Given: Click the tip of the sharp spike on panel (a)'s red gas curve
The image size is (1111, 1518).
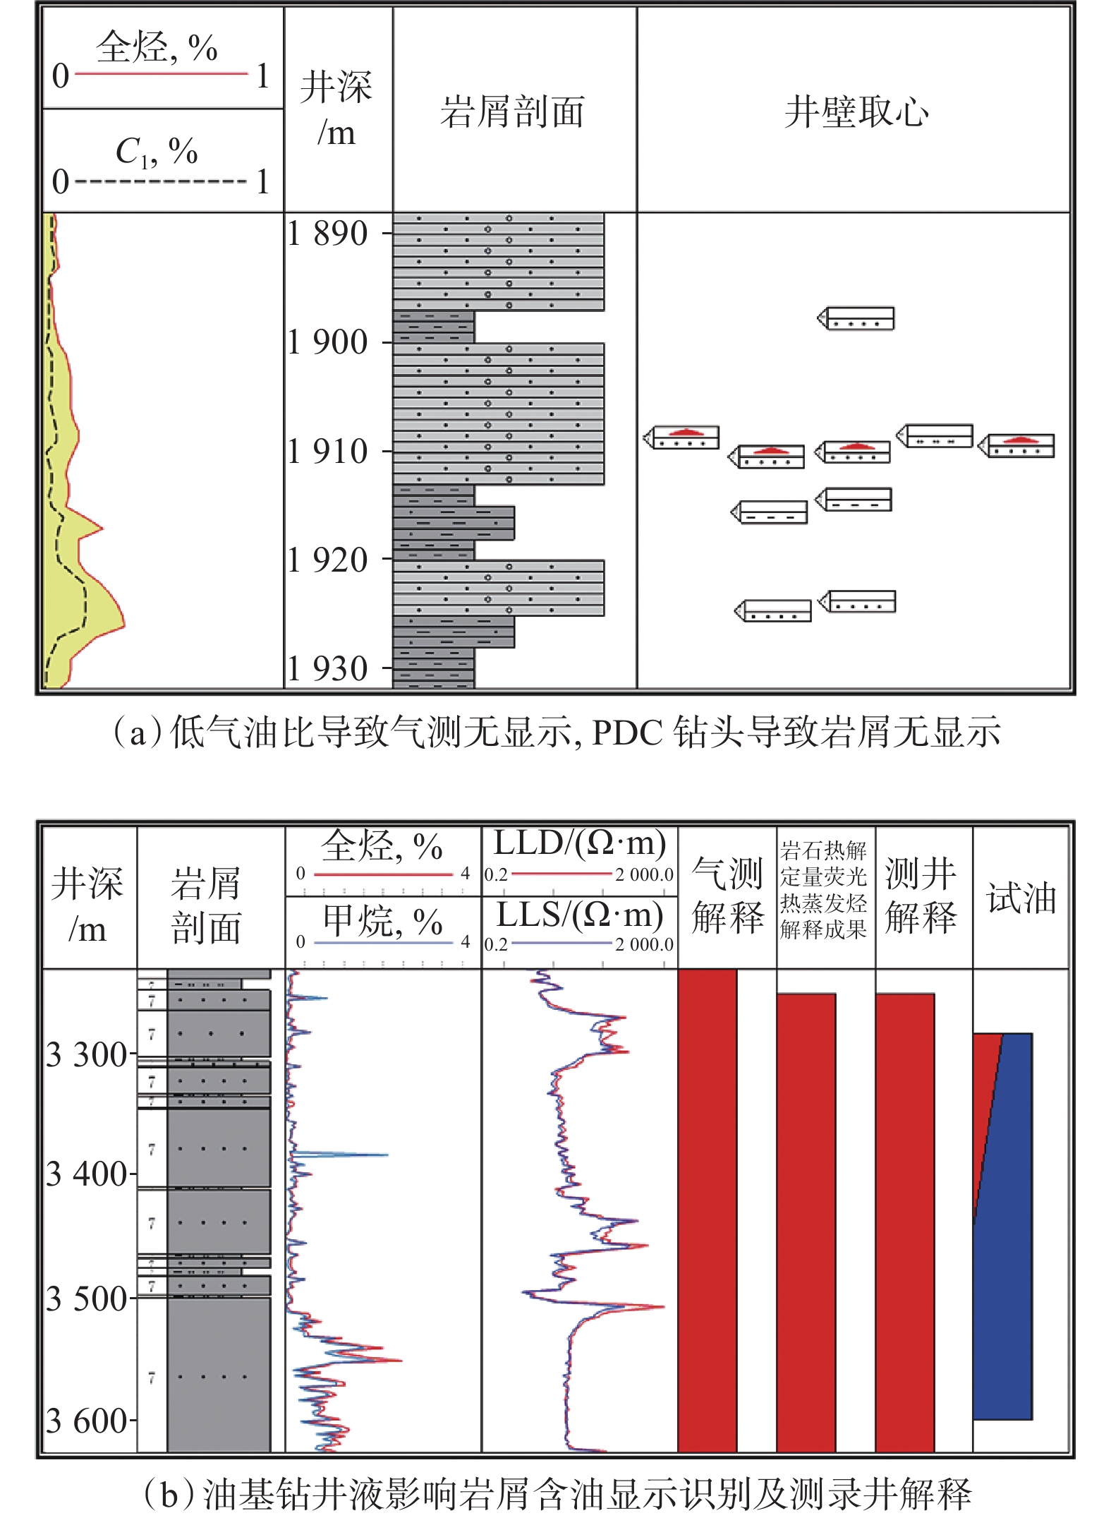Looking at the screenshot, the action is (x=103, y=528).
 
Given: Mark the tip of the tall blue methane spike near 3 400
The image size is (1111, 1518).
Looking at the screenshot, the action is (x=388, y=1155).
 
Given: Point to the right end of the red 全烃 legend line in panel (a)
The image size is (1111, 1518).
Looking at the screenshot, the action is (x=248, y=73).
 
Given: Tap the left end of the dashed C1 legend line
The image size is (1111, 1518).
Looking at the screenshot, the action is (x=75, y=181).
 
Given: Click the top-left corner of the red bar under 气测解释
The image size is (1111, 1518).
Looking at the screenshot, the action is (x=679, y=970).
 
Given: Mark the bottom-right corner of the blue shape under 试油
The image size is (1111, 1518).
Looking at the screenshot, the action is (x=1032, y=1419).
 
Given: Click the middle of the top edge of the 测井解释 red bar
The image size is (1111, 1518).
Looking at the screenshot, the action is (x=905, y=994).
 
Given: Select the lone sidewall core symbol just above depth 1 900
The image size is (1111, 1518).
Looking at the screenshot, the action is (x=856, y=318).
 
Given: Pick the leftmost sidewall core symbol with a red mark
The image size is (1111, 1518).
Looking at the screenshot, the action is (x=681, y=438).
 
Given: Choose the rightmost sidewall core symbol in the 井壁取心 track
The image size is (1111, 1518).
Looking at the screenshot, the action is (x=1016, y=446).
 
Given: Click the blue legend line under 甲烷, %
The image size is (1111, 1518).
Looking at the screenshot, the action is (x=383, y=942).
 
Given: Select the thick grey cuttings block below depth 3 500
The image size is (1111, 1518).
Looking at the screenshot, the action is (x=219, y=1375).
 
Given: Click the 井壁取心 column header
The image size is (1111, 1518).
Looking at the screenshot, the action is (x=856, y=112).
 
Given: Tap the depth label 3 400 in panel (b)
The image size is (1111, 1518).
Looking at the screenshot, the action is (x=86, y=1174).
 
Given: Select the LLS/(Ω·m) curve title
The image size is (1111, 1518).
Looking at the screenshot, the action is (x=580, y=915).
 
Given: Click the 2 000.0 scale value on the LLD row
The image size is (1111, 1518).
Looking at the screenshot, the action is (x=644, y=874).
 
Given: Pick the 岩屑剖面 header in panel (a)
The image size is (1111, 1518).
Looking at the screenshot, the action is (x=513, y=112).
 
